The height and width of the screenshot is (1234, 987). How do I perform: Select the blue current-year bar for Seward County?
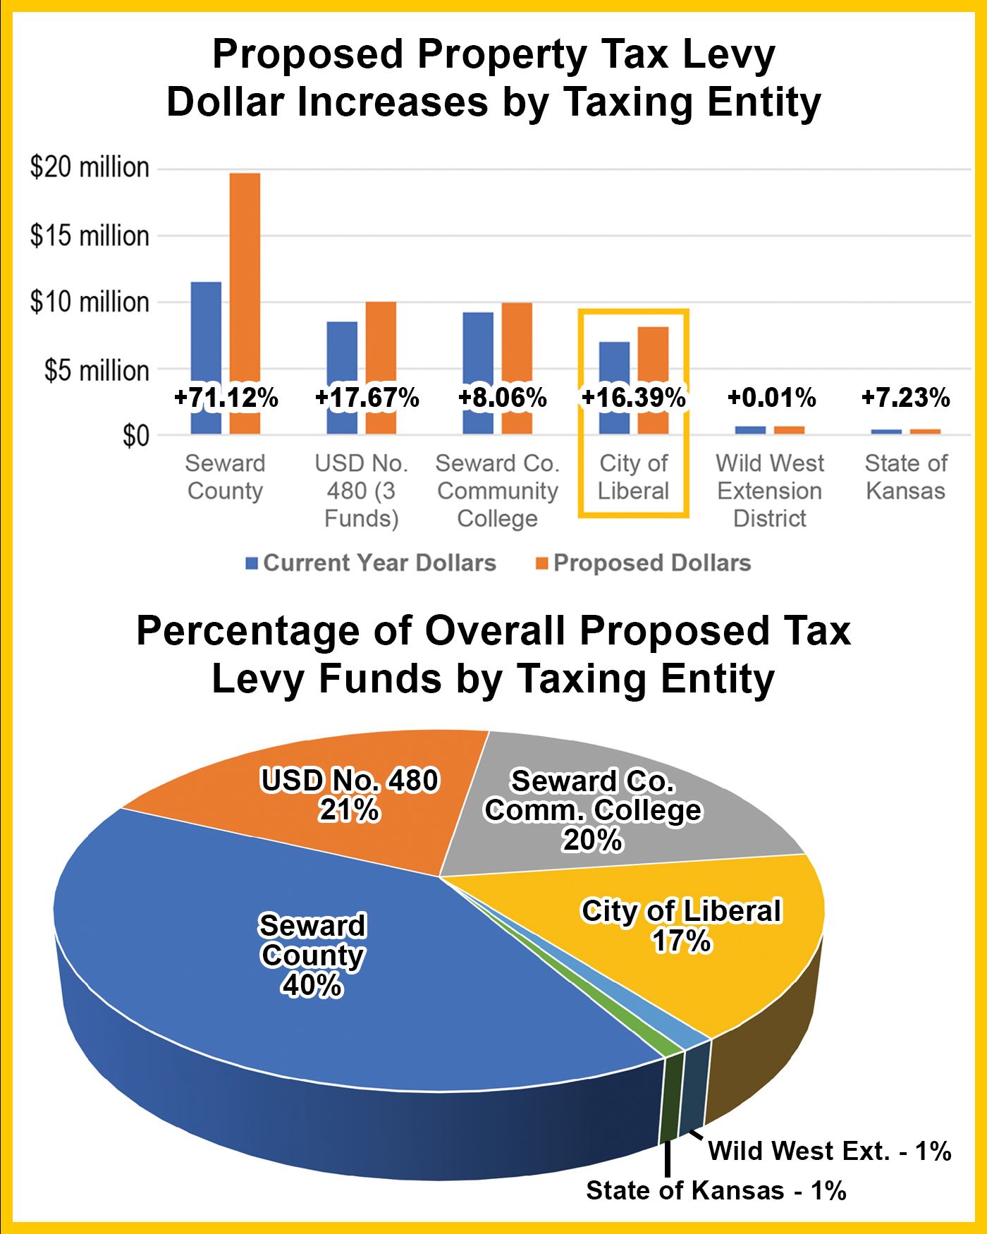tap(206, 338)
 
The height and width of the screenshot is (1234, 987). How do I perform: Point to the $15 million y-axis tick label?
tap(90, 236)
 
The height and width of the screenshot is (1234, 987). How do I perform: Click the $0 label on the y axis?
tap(136, 436)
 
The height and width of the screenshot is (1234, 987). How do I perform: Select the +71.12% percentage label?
tap(226, 398)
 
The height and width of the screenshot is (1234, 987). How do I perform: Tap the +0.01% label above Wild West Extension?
tap(771, 398)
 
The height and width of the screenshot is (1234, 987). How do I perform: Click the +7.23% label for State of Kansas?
tap(905, 398)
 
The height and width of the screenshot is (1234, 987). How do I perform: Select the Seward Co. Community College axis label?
tap(497, 491)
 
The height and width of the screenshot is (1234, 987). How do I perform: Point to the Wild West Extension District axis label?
tap(769, 491)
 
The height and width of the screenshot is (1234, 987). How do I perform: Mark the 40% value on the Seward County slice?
tap(312, 985)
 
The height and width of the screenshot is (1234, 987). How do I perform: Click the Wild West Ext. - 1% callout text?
tap(829, 1151)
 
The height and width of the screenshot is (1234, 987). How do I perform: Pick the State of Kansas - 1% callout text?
tap(716, 1190)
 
